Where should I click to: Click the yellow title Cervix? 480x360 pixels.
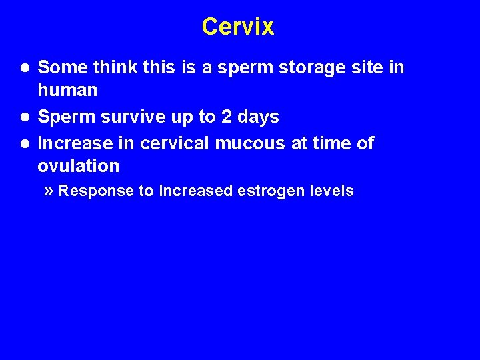tap(238, 27)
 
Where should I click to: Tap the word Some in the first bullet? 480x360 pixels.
tap(61, 67)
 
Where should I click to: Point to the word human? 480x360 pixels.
tap(67, 90)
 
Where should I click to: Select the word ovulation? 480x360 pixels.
tap(79, 166)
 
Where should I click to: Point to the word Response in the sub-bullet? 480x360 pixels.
tap(96, 191)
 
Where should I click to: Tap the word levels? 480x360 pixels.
tap(332, 191)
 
